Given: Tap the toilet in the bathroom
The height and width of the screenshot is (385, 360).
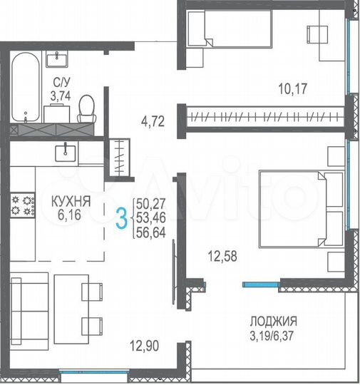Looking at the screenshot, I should pos(87,108).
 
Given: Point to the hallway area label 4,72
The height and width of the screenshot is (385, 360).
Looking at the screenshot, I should pos(153,121).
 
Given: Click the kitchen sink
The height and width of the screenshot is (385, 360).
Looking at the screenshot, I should pos(68,150).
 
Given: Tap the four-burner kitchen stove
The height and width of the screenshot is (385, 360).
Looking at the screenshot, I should pos(22,206).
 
